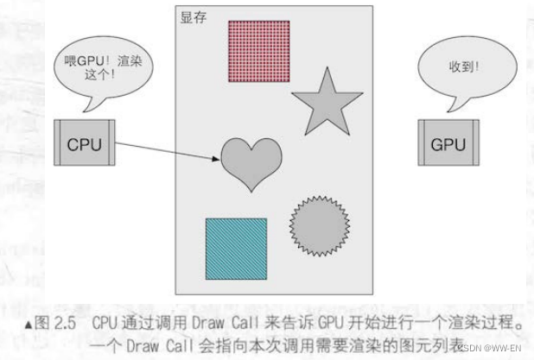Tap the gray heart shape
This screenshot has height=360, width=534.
click(251, 161)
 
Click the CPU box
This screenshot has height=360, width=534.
click(84, 144)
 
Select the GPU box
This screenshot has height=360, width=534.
click(448, 144)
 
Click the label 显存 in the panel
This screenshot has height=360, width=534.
click(192, 18)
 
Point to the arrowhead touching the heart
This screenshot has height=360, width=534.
click(217, 158)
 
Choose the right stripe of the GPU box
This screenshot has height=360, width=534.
click(472, 144)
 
